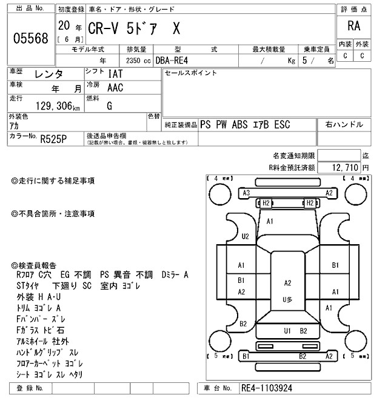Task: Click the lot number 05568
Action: pos(30,38)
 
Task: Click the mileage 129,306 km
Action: pos(58,105)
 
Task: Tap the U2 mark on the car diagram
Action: pos(245,236)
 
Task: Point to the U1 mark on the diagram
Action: pos(287,330)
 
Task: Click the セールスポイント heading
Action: pos(191,73)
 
